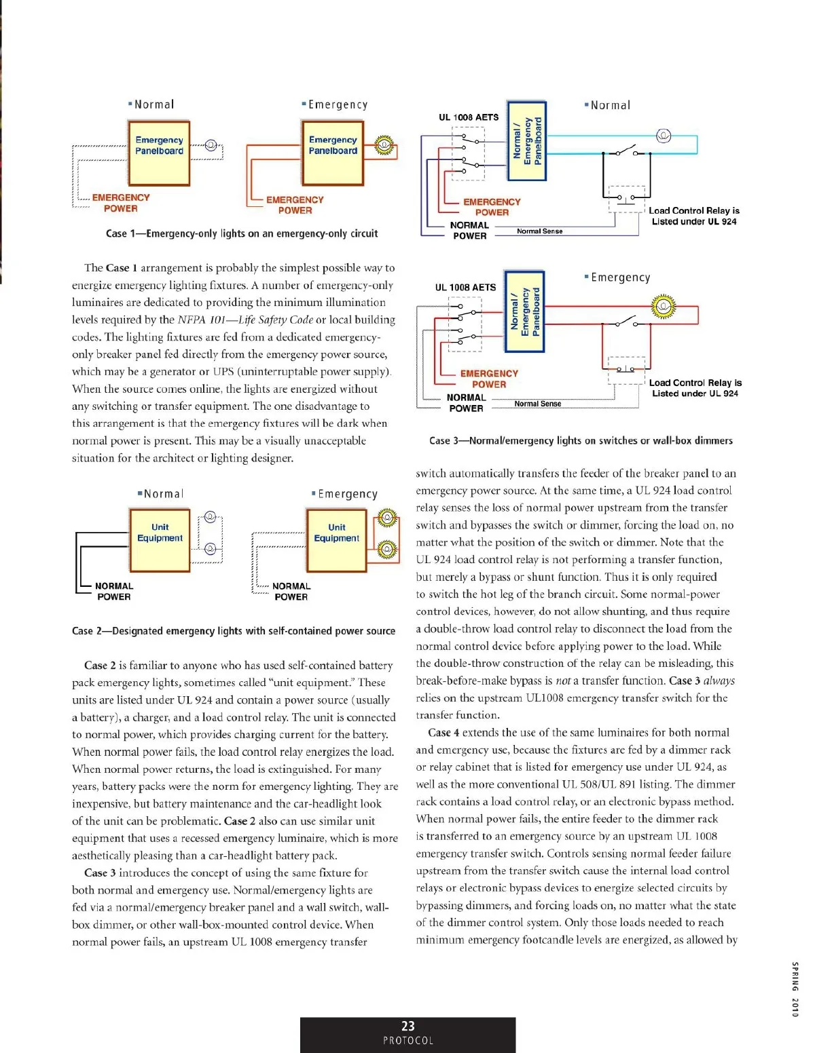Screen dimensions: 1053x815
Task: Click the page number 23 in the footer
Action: click(x=407, y=1026)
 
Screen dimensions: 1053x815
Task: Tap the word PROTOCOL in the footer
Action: click(x=407, y=1041)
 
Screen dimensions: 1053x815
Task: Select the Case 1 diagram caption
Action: click(x=242, y=233)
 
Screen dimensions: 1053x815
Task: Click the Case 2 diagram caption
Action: click(x=234, y=631)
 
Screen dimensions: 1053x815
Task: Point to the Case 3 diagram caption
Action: click(x=581, y=440)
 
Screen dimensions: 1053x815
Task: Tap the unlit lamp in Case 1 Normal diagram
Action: click(x=211, y=145)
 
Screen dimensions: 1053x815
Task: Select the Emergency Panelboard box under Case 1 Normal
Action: click(x=159, y=153)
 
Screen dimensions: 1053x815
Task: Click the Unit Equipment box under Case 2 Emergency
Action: click(x=336, y=540)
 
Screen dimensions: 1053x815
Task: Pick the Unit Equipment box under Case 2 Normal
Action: click(x=160, y=540)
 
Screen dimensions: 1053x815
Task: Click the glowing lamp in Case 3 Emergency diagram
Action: click(x=664, y=307)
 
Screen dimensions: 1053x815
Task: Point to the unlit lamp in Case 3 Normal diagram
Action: click(x=664, y=136)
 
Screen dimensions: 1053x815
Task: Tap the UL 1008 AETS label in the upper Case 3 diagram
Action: click(x=469, y=117)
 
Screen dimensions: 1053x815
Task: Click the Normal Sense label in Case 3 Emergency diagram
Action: click(x=538, y=404)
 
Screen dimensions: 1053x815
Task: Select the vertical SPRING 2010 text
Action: click(x=795, y=989)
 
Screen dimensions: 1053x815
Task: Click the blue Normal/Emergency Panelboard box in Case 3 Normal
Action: click(x=527, y=141)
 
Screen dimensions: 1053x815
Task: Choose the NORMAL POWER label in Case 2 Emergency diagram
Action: click(x=291, y=591)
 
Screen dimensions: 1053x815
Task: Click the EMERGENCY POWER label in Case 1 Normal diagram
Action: click(x=121, y=203)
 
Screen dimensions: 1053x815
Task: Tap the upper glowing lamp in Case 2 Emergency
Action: click(x=386, y=518)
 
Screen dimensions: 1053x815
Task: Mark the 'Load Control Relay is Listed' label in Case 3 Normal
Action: click(x=694, y=216)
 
